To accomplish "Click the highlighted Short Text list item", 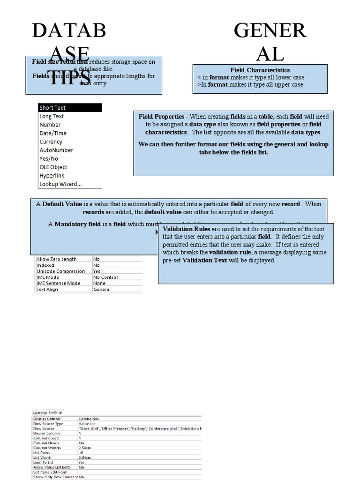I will click(x=52, y=108).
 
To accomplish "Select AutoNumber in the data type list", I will click(x=56, y=150).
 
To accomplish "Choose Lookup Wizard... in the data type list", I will click(x=60, y=184).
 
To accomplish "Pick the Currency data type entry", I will click(x=51, y=142).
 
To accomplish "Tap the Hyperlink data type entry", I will click(x=52, y=175).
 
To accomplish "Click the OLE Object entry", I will click(x=53, y=167).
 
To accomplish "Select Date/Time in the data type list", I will click(x=53, y=133).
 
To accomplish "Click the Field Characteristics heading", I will click(x=260, y=70).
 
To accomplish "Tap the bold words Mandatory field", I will click(x=77, y=224).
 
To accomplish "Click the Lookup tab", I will click(x=55, y=412).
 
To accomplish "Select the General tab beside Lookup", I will click(x=40, y=412).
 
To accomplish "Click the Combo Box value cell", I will click(x=89, y=419).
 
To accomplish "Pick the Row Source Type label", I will click(x=48, y=424).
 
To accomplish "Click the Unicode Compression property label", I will click(x=61, y=271).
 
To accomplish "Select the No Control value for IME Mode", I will click(x=105, y=277).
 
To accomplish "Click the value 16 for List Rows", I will click(x=81, y=453).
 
